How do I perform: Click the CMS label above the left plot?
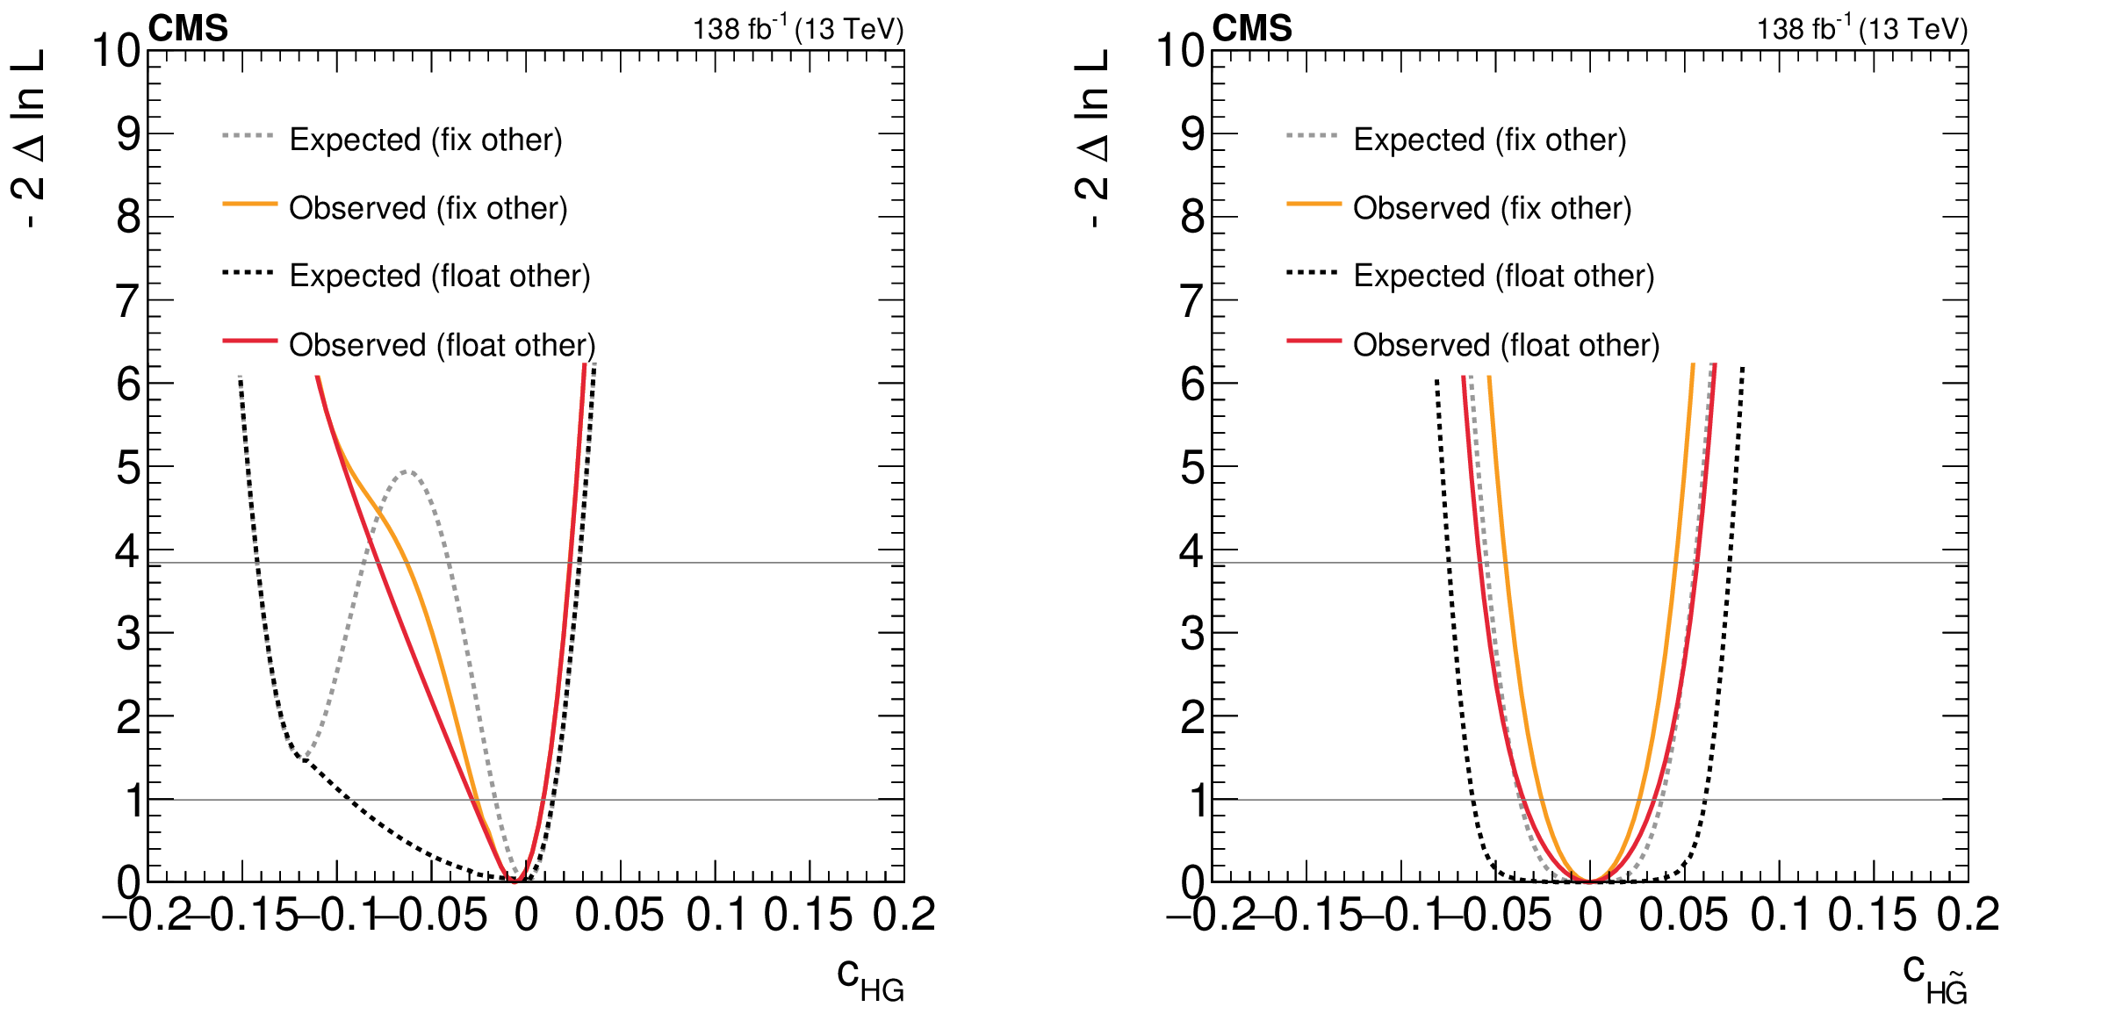pos(188,29)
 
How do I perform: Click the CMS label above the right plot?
pos(1252,29)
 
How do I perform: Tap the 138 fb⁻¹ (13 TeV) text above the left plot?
pos(797,29)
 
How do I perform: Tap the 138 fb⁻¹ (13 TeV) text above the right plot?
pos(1861,29)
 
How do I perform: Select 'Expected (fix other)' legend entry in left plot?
pos(425,140)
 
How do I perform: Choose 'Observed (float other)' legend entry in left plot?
pos(442,345)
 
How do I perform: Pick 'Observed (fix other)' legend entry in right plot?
pos(1492,208)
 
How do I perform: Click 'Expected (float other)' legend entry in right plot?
pos(1503,276)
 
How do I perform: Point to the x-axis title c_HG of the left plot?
pos(869,978)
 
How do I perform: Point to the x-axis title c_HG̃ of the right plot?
pos(1934,978)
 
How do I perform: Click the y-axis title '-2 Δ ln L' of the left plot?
pos(29,139)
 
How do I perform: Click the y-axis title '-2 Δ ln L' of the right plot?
pos(1093,139)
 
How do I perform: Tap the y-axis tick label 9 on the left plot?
pos(128,134)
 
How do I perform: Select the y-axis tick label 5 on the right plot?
pos(1192,467)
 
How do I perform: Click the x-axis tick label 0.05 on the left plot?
pos(619,916)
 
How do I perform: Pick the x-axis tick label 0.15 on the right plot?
pos(1872,916)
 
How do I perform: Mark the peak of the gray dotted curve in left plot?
pos(407,471)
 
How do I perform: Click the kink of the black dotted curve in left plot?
pos(299,755)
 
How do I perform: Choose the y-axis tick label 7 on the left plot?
pos(128,301)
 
